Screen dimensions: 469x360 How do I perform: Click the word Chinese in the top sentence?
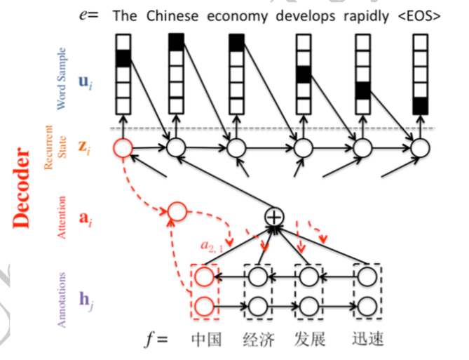(x=172, y=16)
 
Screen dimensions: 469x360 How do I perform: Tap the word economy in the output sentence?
(x=238, y=17)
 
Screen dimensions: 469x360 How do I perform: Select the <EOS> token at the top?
(x=419, y=16)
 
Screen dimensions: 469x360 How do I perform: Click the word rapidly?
(x=366, y=16)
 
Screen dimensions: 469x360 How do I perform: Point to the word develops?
(x=306, y=16)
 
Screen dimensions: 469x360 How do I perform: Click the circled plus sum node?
(x=274, y=217)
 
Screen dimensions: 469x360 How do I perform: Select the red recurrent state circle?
(x=123, y=148)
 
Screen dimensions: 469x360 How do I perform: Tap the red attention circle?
(x=177, y=211)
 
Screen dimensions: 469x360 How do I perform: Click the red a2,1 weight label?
(x=212, y=246)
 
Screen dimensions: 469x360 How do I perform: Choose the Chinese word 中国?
(x=206, y=340)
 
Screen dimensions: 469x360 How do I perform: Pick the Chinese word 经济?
(x=259, y=340)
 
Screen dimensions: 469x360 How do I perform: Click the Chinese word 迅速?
(x=367, y=339)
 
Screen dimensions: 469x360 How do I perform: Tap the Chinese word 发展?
(x=310, y=340)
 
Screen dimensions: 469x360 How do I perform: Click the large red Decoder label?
(x=22, y=188)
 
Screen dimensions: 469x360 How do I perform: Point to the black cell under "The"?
(x=123, y=58)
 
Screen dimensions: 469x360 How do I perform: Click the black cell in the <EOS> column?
(x=420, y=106)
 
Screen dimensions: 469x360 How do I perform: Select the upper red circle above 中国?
(x=205, y=276)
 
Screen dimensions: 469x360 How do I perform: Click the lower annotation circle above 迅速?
(x=367, y=306)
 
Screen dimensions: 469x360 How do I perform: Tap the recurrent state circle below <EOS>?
(x=420, y=148)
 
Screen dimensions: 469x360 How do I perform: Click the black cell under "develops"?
(x=304, y=74)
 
